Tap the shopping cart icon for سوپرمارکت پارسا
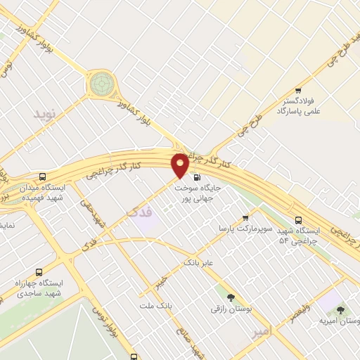coord(245,218)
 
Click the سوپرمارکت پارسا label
coord(243,229)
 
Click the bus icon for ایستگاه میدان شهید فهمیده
coord(44,177)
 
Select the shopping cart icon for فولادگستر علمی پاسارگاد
coord(298,90)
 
